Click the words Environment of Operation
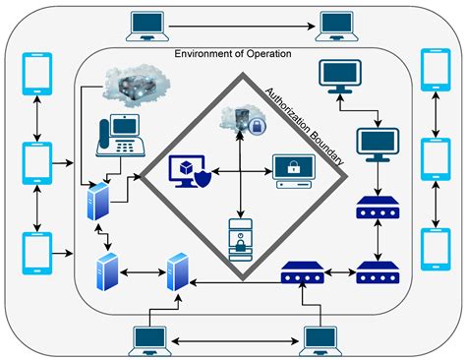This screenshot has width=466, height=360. pyautogui.click(x=233, y=55)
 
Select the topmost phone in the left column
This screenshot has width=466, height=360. pyautogui.click(x=36, y=71)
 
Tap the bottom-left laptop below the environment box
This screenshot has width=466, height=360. pyautogui.click(x=148, y=339)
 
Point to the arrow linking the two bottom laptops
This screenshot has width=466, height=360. pyautogui.click(x=235, y=343)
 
